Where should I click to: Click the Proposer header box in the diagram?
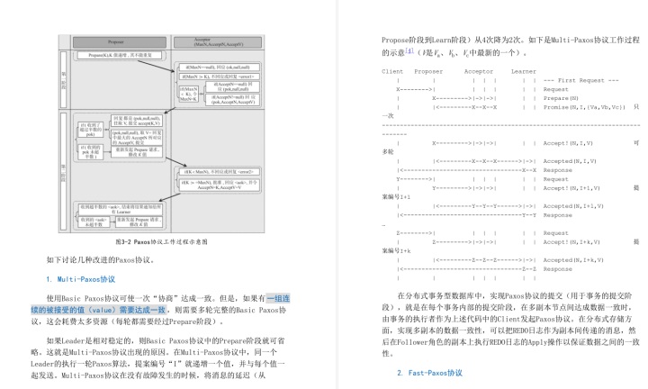[x=115, y=42]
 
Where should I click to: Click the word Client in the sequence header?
[x=392, y=70]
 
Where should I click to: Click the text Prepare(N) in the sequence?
[x=562, y=97]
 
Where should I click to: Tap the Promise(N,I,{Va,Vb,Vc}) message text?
[x=586, y=106]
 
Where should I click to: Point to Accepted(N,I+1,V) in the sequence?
[x=576, y=205]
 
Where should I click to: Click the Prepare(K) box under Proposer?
[x=115, y=57]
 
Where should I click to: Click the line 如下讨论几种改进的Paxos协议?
[x=101, y=260]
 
